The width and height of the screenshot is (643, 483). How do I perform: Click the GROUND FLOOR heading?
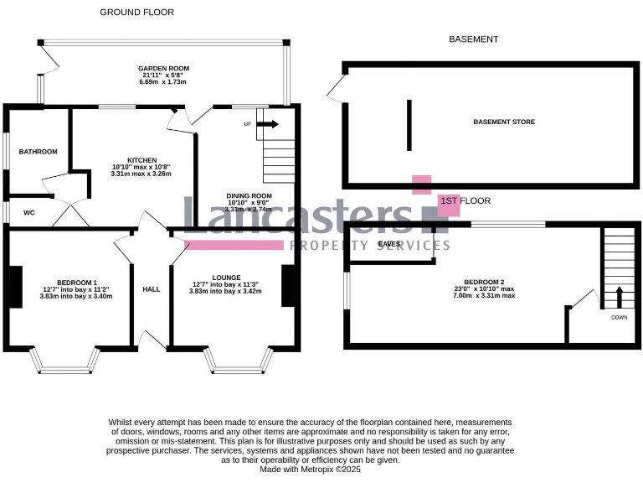tap(138, 12)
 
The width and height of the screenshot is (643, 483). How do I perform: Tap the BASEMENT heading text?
tap(473, 39)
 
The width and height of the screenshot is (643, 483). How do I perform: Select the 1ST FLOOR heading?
tap(465, 201)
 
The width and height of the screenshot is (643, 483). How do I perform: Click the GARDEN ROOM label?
tap(164, 68)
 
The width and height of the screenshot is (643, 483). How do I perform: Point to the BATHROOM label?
tap(39, 152)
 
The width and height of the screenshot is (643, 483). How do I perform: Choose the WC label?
tap(28, 213)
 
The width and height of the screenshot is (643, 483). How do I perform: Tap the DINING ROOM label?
tap(249, 195)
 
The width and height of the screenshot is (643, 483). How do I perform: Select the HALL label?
tap(152, 288)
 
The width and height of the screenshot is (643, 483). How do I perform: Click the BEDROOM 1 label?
tap(77, 283)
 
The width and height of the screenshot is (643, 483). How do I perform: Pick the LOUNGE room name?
tap(226, 278)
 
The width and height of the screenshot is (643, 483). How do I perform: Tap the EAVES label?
tap(389, 244)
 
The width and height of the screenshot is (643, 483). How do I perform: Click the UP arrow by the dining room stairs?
tap(268, 124)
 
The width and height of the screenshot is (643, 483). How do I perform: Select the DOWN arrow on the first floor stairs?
tap(620, 299)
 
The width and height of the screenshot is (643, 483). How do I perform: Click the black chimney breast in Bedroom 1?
tap(15, 287)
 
